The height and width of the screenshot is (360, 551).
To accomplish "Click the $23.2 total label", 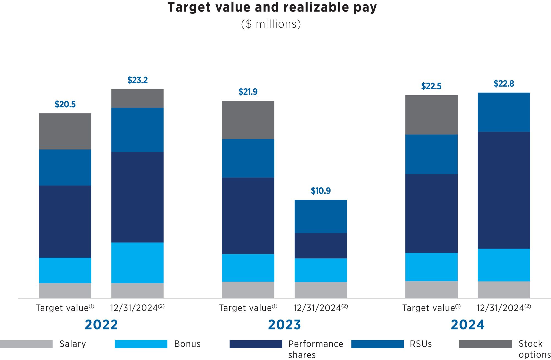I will (x=137, y=80).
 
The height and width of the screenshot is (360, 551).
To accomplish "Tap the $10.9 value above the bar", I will (x=321, y=191).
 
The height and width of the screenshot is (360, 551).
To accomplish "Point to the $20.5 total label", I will (x=65, y=105).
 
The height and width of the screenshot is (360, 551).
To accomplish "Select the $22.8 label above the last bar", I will (x=504, y=84).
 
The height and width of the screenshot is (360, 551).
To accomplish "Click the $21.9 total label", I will (x=248, y=92).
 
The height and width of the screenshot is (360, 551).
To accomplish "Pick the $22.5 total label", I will (x=431, y=86).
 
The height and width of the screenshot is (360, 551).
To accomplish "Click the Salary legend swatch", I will (x=26, y=344).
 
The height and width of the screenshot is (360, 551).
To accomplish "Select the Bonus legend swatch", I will (x=141, y=344).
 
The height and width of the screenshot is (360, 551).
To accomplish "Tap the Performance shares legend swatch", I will (x=256, y=344).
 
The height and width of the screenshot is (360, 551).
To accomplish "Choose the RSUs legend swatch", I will (x=377, y=344).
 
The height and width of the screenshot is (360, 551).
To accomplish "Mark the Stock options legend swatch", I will (x=485, y=344).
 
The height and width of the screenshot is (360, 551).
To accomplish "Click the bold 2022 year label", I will (x=101, y=325).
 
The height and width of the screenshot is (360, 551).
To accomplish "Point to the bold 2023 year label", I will (x=285, y=325).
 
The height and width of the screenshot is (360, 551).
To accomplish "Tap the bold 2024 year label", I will (x=468, y=325).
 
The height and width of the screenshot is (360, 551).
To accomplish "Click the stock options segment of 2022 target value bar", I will (x=65, y=131).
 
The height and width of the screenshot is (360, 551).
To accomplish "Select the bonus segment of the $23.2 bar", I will (x=137, y=263).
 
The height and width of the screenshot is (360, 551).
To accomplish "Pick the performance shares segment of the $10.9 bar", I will (x=321, y=246).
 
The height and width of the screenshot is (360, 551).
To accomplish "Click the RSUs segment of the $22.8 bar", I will (x=504, y=112).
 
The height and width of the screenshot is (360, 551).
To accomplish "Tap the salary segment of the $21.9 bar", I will (x=248, y=290).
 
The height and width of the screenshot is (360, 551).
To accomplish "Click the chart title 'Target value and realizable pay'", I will (x=272, y=7).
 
